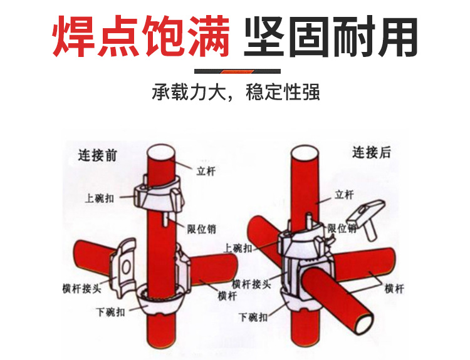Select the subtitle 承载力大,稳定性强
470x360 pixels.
(236, 93)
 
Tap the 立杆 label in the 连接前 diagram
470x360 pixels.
(205, 171)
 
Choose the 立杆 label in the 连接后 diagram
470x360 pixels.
(344, 195)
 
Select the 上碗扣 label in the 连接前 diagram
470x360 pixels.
(100, 198)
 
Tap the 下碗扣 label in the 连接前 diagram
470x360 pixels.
(110, 311)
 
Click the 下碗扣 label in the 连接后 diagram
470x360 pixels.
(253, 317)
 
